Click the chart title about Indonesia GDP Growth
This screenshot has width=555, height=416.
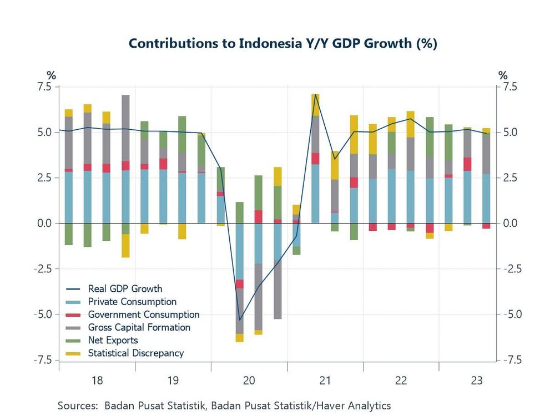click(x=282, y=44)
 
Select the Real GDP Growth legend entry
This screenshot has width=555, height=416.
click(x=125, y=288)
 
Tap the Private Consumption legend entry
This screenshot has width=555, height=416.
click(x=132, y=302)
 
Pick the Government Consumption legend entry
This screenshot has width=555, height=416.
click(x=143, y=314)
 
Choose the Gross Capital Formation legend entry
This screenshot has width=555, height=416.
click(x=139, y=327)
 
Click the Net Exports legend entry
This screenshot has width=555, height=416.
click(x=113, y=340)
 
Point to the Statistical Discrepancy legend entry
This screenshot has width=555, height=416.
click(x=135, y=353)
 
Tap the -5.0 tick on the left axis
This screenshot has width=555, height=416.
click(x=41, y=314)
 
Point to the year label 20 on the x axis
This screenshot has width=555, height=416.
click(x=249, y=381)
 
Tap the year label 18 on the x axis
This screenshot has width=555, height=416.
click(x=97, y=381)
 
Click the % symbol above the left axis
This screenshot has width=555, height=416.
click(x=51, y=75)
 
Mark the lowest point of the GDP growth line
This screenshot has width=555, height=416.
click(x=240, y=320)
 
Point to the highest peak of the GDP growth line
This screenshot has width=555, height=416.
click(x=315, y=94)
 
